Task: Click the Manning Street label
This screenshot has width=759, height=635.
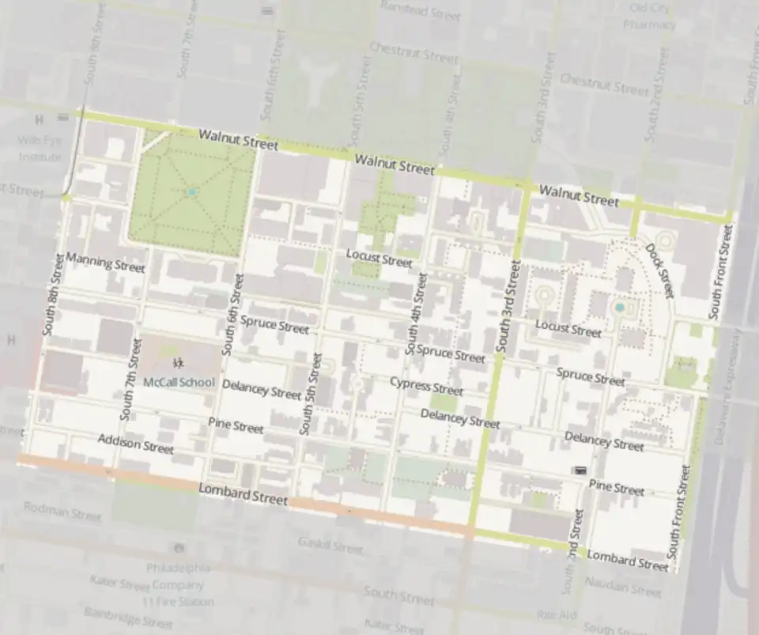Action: click(105, 263)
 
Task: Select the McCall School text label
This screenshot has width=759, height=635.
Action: click(179, 383)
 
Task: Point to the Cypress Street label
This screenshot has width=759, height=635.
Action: click(426, 386)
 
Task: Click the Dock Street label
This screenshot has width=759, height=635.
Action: click(658, 270)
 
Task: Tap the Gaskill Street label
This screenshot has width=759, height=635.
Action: click(330, 545)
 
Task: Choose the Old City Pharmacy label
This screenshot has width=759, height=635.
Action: click(649, 16)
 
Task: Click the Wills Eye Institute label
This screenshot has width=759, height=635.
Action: click(40, 149)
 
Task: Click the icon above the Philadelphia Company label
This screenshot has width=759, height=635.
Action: click(179, 547)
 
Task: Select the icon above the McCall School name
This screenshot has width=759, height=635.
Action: click(179, 363)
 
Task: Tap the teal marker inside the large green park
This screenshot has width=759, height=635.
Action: click(191, 192)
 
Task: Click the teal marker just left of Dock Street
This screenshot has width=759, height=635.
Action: click(620, 307)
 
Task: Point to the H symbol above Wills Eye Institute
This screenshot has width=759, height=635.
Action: click(38, 120)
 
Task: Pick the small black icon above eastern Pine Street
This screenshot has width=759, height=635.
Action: click(580, 471)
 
